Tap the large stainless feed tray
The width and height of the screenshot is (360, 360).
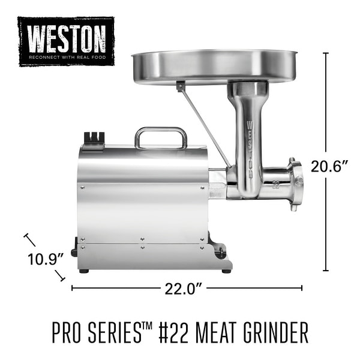click(214, 64)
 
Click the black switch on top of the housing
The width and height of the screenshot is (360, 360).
click(94, 139)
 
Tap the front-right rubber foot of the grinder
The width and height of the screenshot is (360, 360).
click(226, 271)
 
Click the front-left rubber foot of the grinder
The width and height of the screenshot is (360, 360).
click(83, 271)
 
